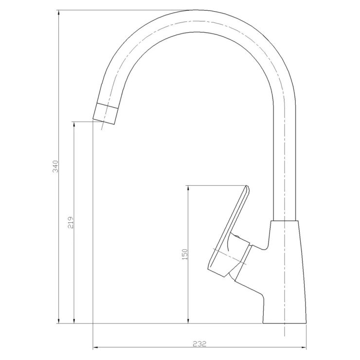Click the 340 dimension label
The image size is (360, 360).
click(x=55, y=166)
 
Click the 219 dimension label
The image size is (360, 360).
click(x=70, y=222)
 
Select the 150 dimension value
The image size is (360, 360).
click(x=184, y=254)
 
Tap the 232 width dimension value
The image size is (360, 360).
click(x=199, y=344)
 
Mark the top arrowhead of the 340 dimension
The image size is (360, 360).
click(x=59, y=13)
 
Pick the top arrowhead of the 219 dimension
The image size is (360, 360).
click(x=74, y=125)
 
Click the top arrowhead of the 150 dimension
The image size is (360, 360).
click(x=188, y=188)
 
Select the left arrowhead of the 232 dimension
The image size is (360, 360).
click(x=96, y=347)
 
